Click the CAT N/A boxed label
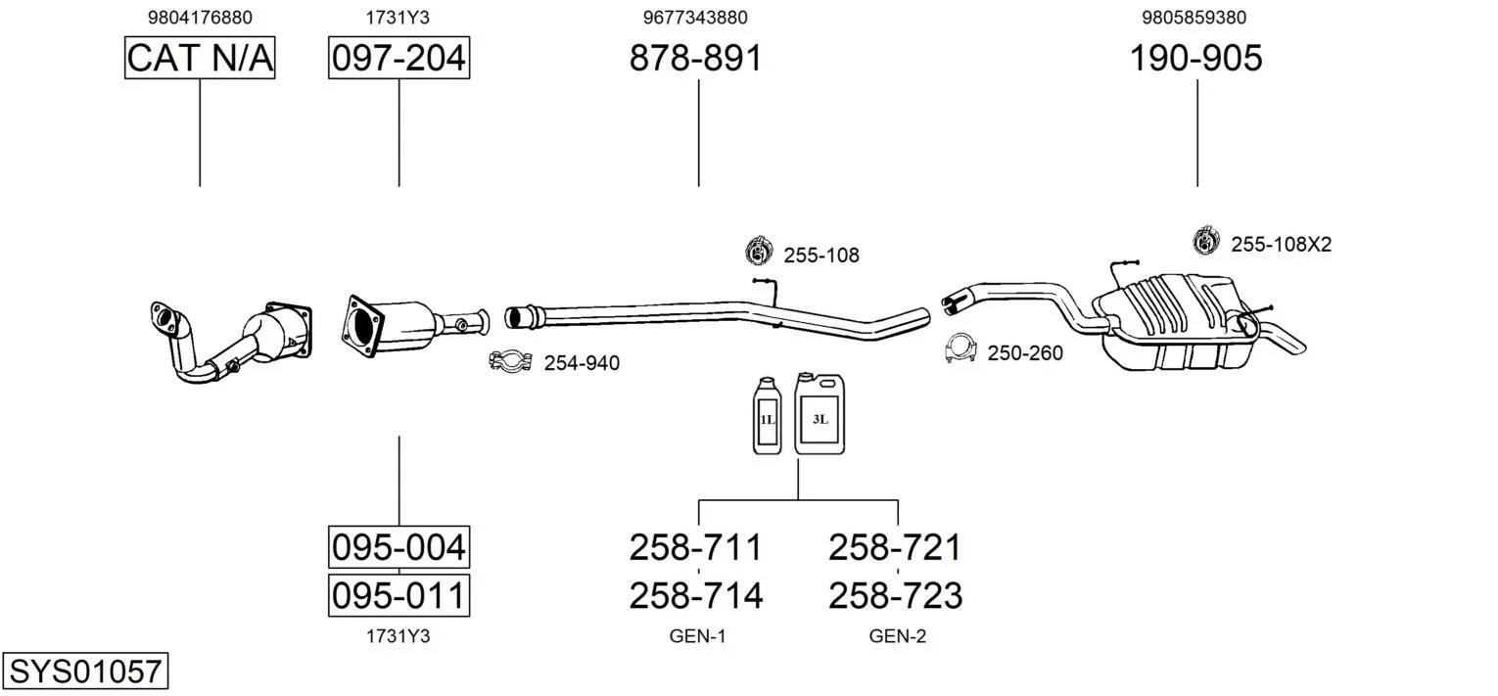[200, 58]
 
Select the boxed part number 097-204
[398, 58]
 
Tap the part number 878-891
[695, 58]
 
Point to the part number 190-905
[1196, 58]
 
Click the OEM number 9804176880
[200, 17]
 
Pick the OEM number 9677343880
[695, 17]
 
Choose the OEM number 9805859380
[1194, 17]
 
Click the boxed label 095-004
[398, 546]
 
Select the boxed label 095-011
[398, 595]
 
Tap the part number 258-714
[695, 595]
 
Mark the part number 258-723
[895, 595]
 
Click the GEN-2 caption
[897, 636]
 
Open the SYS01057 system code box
[85, 672]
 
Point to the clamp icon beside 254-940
[509, 361]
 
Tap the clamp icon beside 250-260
[962, 348]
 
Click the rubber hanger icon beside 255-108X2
[1205, 242]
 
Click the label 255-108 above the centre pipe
[820, 255]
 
